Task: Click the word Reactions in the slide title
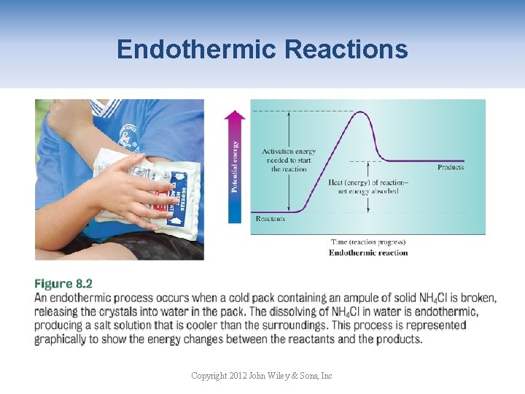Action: (x=346, y=50)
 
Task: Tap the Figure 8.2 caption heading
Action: (x=63, y=284)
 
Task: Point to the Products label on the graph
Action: (x=450, y=168)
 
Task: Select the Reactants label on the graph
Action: (x=271, y=218)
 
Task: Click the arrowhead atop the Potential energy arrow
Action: (x=235, y=115)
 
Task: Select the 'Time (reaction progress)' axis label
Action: (x=368, y=242)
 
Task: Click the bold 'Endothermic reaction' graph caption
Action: (x=368, y=252)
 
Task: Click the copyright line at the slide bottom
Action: (x=261, y=376)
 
